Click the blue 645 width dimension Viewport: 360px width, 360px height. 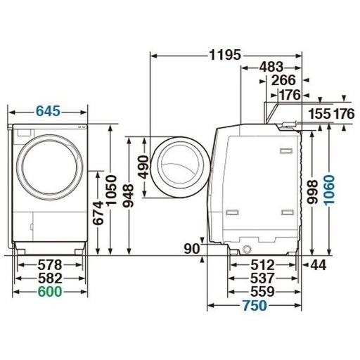(49, 111)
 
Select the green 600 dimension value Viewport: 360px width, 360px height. (50, 292)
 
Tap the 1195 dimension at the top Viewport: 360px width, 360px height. (225, 55)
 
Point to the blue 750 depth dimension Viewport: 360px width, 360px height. (255, 305)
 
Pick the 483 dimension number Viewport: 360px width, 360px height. (271, 67)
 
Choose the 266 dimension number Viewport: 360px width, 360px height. (283, 80)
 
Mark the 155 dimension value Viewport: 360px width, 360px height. (320, 114)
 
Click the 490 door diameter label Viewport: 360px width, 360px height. (143, 167)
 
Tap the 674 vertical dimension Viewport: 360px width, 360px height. (98, 213)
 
